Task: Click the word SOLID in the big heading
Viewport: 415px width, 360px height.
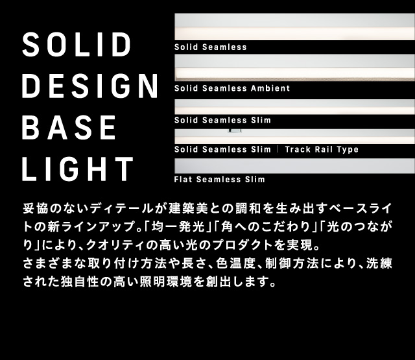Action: pyautogui.click(x=77, y=45)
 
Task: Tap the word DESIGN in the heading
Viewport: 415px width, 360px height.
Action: pyautogui.click(x=90, y=86)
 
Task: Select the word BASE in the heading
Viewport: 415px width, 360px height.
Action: pyautogui.click(x=69, y=128)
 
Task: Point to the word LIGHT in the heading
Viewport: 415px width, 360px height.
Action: pyautogui.click(x=77, y=169)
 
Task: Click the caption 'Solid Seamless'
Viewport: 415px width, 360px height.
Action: pyautogui.click(x=210, y=47)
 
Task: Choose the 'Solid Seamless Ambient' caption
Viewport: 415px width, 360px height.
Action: pyautogui.click(x=231, y=88)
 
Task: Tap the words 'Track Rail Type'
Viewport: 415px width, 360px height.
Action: pyautogui.click(x=322, y=150)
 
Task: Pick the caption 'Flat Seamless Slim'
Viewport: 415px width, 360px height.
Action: pyautogui.click(x=219, y=179)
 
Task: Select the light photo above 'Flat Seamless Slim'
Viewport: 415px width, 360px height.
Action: pyautogui.click(x=294, y=165)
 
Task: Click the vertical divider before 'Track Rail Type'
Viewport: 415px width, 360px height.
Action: pyautogui.click(x=278, y=150)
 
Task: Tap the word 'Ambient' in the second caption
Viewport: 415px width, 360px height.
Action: pyautogui.click(x=270, y=88)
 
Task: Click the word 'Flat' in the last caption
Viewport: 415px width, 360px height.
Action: pyautogui.click(x=184, y=179)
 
